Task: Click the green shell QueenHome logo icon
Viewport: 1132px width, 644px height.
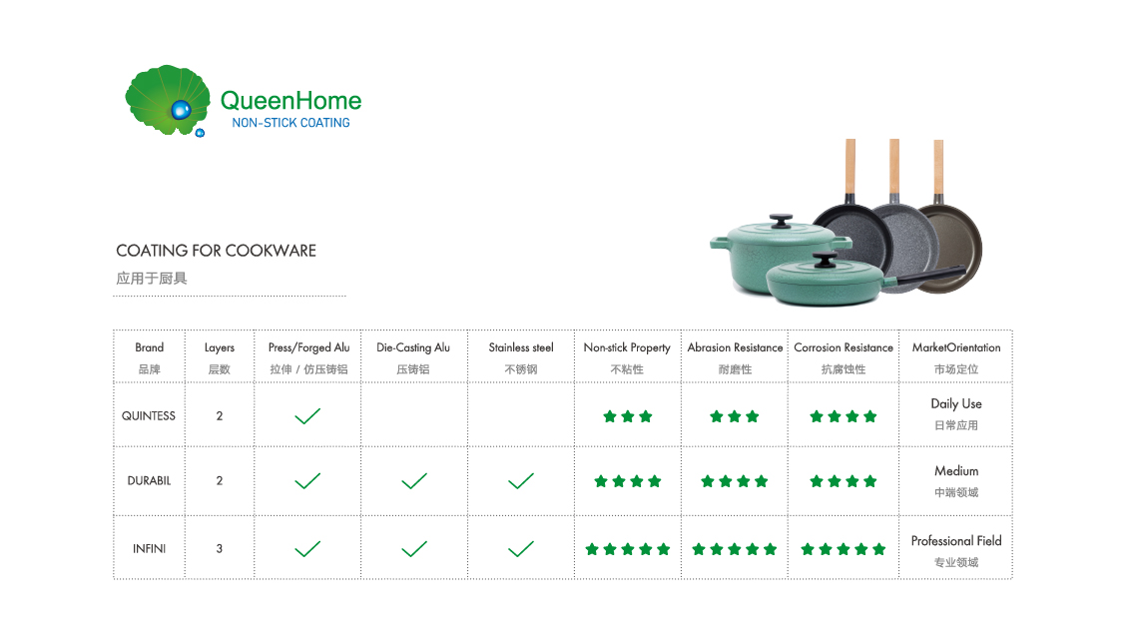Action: click(x=168, y=101)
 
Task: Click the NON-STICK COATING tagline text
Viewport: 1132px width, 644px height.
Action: click(x=290, y=123)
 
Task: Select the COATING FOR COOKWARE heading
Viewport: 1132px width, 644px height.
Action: click(x=216, y=251)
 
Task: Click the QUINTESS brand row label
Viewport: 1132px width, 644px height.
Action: click(x=149, y=416)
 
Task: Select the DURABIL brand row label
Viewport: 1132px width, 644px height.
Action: click(x=150, y=481)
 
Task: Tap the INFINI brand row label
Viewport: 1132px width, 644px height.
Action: click(x=150, y=549)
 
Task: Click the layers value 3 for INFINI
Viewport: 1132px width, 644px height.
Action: click(x=220, y=549)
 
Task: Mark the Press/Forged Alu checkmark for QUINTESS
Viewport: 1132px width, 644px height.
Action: click(x=307, y=416)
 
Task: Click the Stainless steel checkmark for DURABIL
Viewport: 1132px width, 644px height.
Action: click(x=520, y=481)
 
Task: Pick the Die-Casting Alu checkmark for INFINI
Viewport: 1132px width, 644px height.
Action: click(x=414, y=549)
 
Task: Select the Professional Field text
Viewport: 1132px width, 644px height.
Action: click(x=956, y=541)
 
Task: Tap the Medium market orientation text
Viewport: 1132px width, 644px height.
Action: click(x=956, y=470)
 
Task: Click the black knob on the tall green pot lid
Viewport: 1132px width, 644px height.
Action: click(x=781, y=221)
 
